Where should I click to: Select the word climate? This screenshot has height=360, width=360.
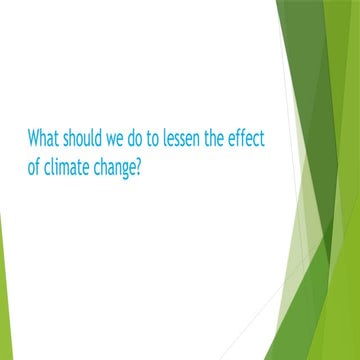pyautogui.click(x=72, y=164)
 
